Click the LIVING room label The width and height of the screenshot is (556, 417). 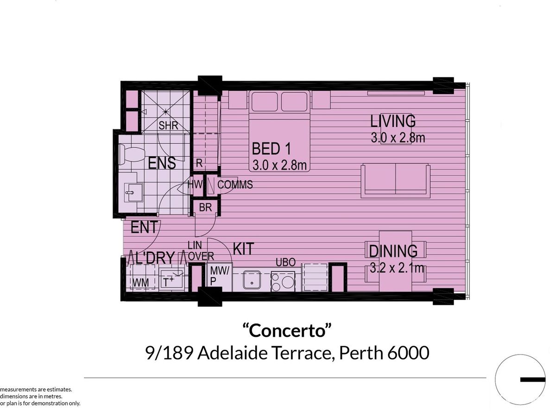tap(393, 121)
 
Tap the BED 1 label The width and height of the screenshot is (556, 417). tap(271, 149)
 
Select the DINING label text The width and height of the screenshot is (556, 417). tap(393, 251)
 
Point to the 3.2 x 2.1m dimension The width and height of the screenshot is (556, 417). tap(397, 268)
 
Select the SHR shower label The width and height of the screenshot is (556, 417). tap(168, 126)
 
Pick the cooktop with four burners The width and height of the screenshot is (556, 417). tap(282, 281)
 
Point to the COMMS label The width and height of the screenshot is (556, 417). tap(235, 185)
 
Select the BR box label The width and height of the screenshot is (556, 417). tap(205, 208)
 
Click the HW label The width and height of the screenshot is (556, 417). tap(195, 184)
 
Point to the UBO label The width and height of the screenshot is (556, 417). tap(285, 262)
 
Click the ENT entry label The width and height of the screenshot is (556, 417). tap(145, 227)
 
